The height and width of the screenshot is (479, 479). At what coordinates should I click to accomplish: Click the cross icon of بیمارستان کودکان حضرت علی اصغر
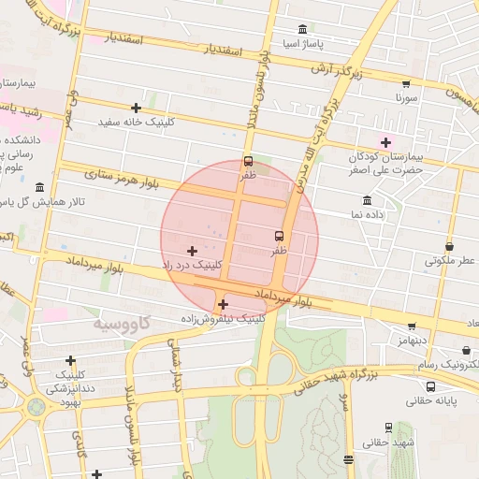[385, 141]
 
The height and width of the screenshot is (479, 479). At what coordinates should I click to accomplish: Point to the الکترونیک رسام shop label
[448, 362]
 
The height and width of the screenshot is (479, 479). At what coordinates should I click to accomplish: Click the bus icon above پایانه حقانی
[430, 385]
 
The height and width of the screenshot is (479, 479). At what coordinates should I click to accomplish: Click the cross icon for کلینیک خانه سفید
[137, 108]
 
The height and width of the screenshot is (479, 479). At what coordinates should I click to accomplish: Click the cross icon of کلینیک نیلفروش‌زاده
[222, 304]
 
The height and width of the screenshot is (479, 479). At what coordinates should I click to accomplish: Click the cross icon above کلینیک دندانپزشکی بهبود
[70, 360]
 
